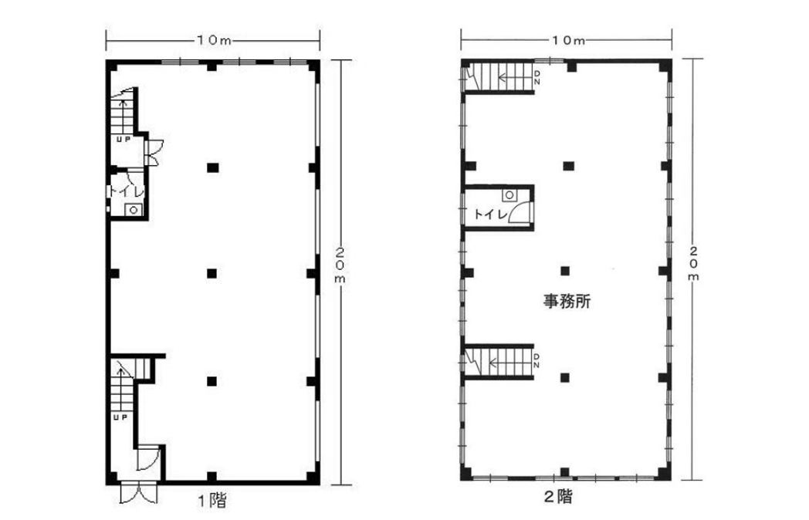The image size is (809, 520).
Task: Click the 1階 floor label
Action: pos(212,500)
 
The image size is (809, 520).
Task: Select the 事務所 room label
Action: pos(567,301)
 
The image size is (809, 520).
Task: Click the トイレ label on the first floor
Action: pos(127,191)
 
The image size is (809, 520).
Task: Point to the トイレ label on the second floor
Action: pos(491,214)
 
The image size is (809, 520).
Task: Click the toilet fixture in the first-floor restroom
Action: pos(133,209)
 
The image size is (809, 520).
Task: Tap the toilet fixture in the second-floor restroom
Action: pos(509,195)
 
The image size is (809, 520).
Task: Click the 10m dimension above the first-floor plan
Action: pos(213,40)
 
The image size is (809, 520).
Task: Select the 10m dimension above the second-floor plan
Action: pos(567,39)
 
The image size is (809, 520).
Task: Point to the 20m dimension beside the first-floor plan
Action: pos(341,265)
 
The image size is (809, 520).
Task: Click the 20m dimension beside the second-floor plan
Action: pos(695,263)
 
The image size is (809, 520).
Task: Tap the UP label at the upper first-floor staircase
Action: pos(124,139)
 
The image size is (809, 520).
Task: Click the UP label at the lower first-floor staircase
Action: pos(120,417)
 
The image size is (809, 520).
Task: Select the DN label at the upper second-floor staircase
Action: pos(537,79)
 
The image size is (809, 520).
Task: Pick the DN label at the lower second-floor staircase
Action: pos(537,361)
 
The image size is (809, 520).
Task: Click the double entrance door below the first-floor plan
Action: pos(139,493)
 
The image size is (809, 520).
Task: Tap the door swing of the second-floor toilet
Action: pos(520,212)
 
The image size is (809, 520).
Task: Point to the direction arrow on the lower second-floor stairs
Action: pos(509,363)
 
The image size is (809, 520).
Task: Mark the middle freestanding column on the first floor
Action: pos(212,273)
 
